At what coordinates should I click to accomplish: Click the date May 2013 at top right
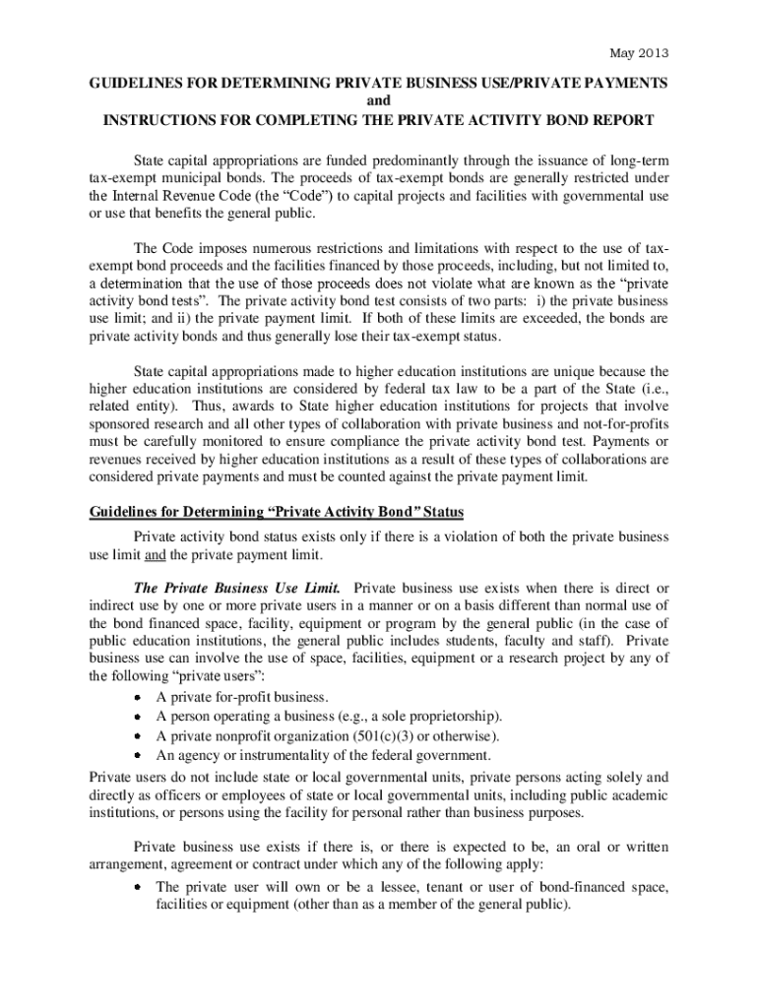point(640,52)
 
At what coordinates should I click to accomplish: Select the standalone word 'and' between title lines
point(379,102)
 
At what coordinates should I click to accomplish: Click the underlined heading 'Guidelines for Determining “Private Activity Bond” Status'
point(277,513)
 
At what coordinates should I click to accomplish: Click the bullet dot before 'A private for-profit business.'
point(141,698)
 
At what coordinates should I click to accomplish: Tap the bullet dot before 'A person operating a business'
point(141,717)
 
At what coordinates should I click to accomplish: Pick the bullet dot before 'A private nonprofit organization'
point(141,736)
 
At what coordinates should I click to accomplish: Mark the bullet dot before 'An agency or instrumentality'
point(141,755)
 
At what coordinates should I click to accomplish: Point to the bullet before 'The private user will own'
point(141,888)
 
